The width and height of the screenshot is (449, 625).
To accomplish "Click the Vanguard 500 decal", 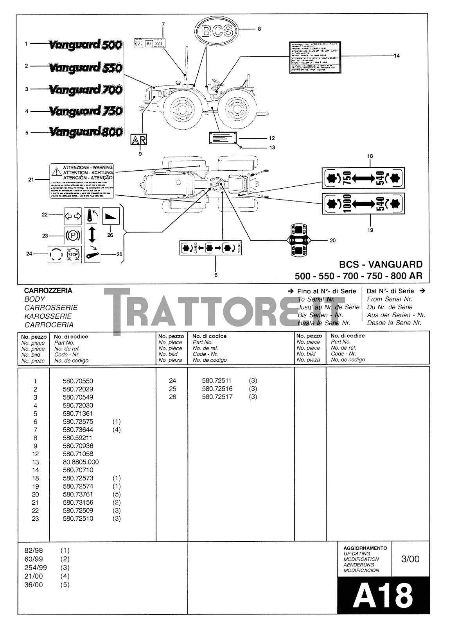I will coord(86,45).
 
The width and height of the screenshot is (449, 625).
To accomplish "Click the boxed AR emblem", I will coord(138,140).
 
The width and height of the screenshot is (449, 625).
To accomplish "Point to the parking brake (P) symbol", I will coord(73,236).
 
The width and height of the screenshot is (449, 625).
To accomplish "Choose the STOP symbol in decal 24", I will coord(73,255).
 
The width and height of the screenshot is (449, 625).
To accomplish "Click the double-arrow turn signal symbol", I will coord(73,216).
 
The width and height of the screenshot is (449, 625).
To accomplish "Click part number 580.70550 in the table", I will coord(78,381).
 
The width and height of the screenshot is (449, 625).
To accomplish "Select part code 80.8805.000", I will coord(81,462).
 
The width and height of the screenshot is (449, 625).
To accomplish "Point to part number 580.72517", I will coord(217,397).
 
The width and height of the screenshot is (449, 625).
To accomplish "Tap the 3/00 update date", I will coord(410,559).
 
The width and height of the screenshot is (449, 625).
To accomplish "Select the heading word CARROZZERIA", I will coord(48,291).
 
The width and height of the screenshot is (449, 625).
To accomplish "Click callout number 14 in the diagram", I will coord(397,56).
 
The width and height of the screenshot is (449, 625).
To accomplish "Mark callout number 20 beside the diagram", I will coord(332,241).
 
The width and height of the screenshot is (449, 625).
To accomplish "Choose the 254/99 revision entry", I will coord(36,568).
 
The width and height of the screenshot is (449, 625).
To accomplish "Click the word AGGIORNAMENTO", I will coord(365,548).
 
